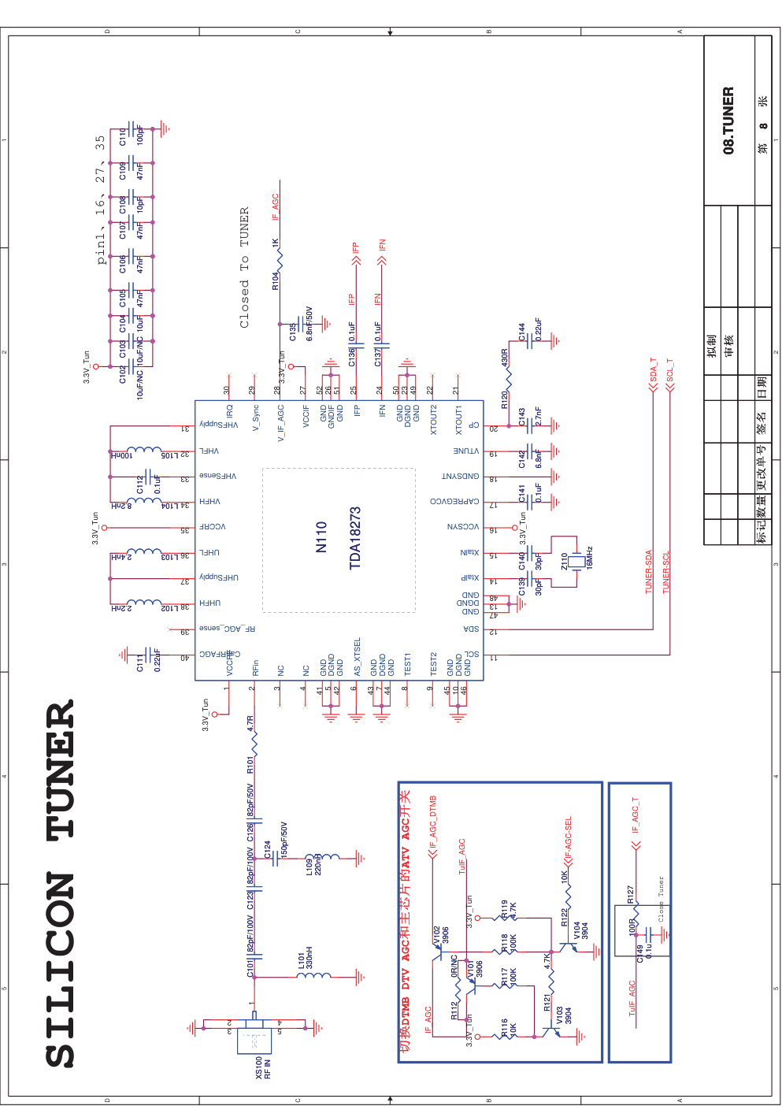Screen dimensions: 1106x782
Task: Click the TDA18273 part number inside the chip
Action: (355, 537)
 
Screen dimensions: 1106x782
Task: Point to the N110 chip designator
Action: (321, 536)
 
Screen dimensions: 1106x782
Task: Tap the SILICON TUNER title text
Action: (61, 882)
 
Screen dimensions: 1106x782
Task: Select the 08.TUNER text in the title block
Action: (728, 121)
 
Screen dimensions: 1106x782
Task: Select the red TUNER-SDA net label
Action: (649, 571)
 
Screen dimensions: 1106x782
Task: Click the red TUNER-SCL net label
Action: (666, 572)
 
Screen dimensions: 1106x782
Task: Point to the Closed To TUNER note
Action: (244, 268)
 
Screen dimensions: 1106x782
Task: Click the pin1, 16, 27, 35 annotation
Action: (100, 200)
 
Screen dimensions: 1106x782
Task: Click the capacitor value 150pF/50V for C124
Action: (284, 840)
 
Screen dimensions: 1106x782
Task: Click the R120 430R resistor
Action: (508, 380)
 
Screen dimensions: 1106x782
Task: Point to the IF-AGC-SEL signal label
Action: (568, 840)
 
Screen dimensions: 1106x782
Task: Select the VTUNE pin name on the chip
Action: (465, 451)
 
